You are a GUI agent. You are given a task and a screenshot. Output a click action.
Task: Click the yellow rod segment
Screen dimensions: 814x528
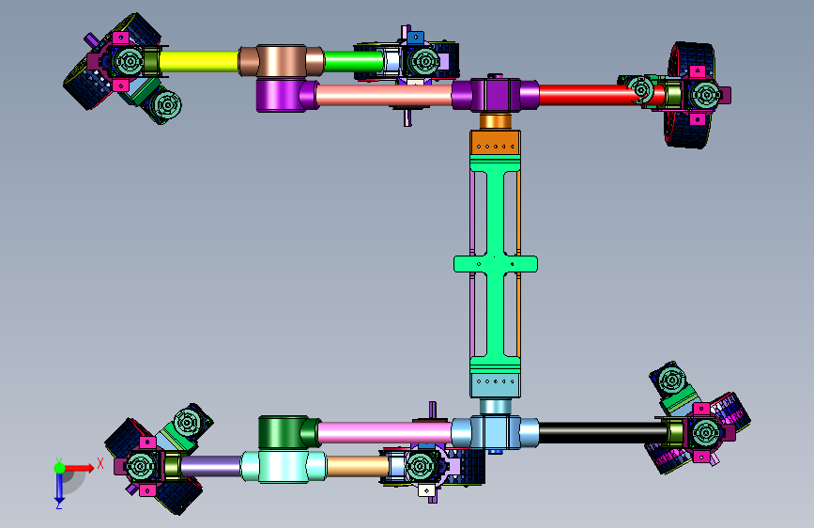pyautogui.click(x=199, y=61)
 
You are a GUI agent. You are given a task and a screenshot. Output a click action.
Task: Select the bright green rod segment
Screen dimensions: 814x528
pyautogui.click(x=354, y=61)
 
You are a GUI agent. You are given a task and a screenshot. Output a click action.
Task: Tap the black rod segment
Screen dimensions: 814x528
pyautogui.click(x=603, y=433)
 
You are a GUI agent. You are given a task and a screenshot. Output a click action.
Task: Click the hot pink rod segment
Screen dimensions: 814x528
pyautogui.click(x=385, y=433)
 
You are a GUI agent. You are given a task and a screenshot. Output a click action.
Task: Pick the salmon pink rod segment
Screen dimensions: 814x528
pyautogui.click(x=384, y=96)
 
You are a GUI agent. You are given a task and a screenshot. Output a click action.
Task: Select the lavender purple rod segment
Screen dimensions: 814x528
pyautogui.click(x=210, y=466)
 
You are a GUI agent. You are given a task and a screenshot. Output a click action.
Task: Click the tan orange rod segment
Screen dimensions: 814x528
pyautogui.click(x=358, y=466)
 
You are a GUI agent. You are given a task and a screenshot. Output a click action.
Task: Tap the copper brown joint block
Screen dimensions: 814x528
pyautogui.click(x=282, y=61)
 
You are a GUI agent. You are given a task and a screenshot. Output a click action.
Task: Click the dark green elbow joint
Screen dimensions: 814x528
pyautogui.click(x=288, y=432)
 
